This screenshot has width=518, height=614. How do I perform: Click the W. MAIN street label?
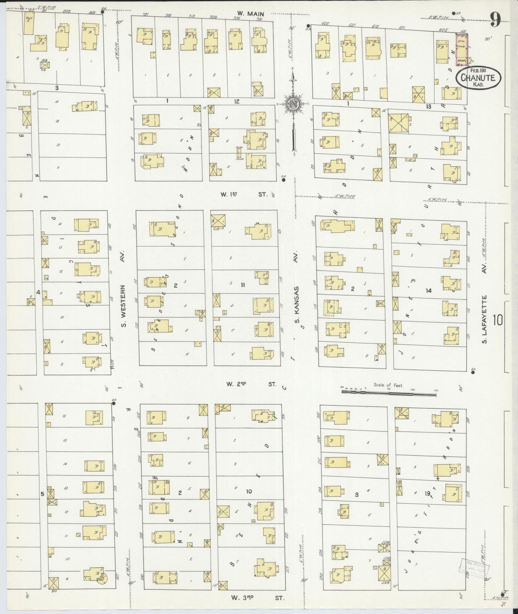(x=251, y=14)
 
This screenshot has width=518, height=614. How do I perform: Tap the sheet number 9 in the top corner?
(x=495, y=20)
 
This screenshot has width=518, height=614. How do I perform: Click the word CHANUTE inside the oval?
(x=478, y=77)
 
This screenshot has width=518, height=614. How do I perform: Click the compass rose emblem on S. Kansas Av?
(x=293, y=104)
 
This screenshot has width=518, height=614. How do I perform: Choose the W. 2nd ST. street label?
(x=251, y=384)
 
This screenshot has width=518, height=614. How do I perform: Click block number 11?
(x=243, y=285)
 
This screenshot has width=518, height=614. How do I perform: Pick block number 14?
(x=428, y=291)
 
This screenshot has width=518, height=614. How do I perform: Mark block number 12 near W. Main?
(x=237, y=101)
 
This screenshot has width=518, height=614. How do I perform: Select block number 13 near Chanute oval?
(x=428, y=106)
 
